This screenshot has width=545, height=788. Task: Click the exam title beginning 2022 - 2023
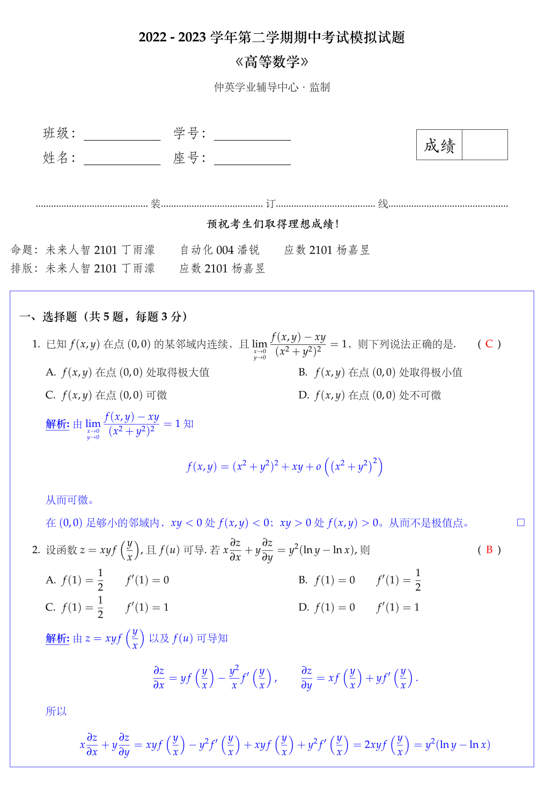coord(271,37)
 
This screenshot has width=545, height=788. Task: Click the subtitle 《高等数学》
coord(271,62)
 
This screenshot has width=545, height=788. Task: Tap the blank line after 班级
coord(122,135)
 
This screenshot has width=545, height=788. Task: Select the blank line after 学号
coord(252,135)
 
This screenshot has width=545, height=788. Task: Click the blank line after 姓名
coord(122,159)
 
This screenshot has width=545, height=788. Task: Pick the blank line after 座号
coord(252,159)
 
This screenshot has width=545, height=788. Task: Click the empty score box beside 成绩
coord(484,145)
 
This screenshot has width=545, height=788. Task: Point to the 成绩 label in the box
coord(439,145)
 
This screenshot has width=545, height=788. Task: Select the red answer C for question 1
coord(489,344)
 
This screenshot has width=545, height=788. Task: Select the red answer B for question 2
coord(489,550)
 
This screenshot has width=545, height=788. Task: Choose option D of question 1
coord(370,395)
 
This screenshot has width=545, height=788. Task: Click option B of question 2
coord(359,580)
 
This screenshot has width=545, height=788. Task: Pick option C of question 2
coord(107,607)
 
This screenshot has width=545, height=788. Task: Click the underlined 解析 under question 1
coord(57,424)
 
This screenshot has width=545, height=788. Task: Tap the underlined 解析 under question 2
coord(57,638)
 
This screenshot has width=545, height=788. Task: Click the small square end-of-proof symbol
coord(520,522)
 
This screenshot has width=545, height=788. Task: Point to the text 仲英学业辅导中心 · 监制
coord(271,87)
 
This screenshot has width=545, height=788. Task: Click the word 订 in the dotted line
coord(270,204)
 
